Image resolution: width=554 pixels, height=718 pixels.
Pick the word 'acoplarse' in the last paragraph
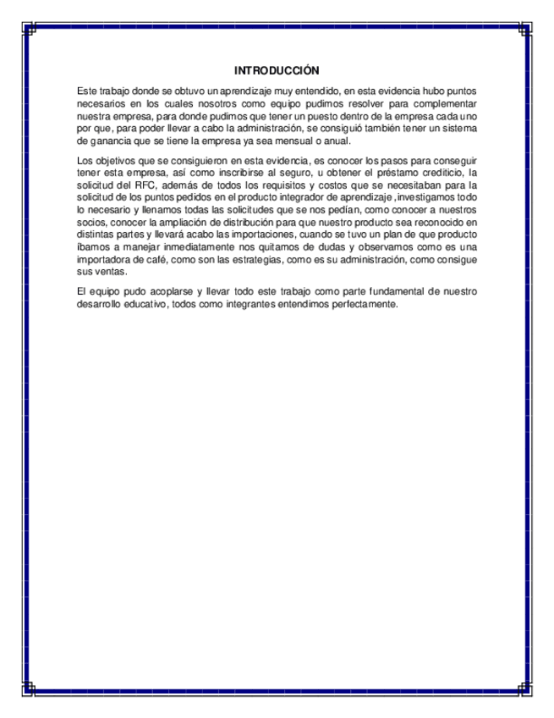160,290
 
